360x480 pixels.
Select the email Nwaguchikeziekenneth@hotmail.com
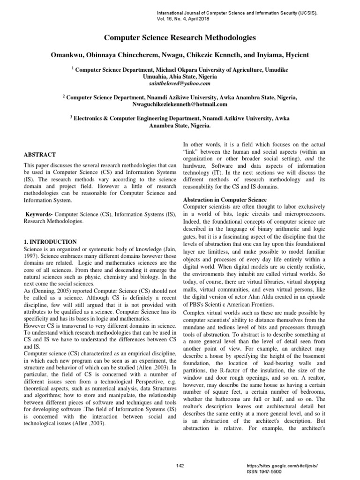180,104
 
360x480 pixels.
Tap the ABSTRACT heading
39,154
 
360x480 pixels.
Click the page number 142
180,465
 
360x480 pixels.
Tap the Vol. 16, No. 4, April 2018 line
183,19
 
